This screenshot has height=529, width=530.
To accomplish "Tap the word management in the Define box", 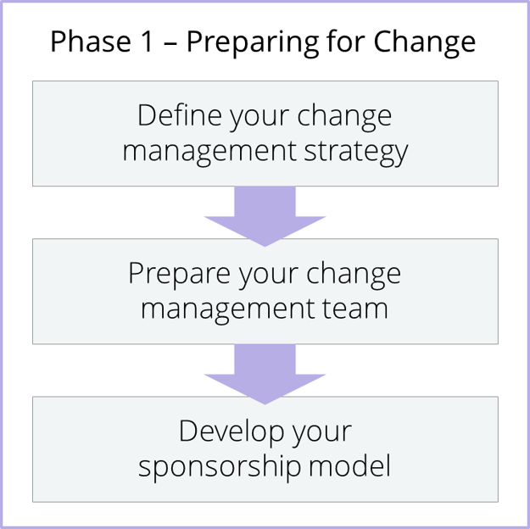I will (x=209, y=152).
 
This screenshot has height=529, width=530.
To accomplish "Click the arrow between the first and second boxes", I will (x=265, y=214).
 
